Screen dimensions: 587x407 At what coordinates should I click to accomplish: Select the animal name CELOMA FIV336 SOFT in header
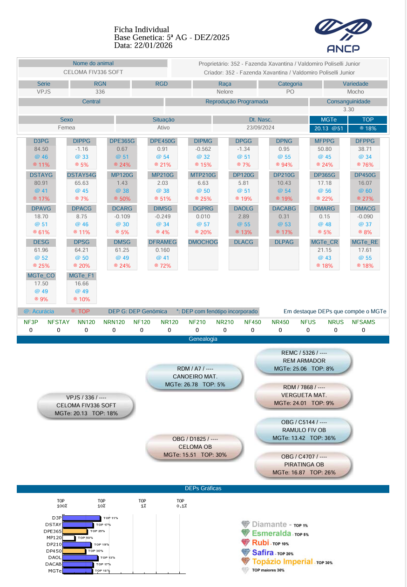tap(93, 72)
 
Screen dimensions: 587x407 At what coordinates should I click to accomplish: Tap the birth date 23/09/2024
tap(260, 128)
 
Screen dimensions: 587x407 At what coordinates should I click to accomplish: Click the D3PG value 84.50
tap(38, 149)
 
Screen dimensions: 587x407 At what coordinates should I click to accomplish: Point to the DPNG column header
tap(284, 141)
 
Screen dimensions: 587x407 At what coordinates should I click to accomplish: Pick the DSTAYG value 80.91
tap(41, 183)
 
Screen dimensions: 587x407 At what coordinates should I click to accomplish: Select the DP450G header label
tap(365, 175)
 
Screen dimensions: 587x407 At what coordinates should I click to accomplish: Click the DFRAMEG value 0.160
tap(163, 250)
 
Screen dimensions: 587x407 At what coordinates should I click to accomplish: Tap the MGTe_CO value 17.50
tap(41, 283)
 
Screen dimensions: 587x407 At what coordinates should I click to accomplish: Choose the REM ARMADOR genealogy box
tap(304, 361)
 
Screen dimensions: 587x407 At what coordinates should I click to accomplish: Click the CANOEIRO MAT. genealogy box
tap(195, 377)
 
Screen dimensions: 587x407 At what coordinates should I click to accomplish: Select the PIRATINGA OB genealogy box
tap(304, 465)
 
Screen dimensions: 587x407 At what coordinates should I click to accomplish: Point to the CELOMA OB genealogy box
tap(195, 447)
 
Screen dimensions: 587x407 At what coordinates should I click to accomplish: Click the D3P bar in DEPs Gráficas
tap(81, 518)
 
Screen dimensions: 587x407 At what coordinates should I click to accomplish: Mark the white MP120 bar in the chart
tap(68, 538)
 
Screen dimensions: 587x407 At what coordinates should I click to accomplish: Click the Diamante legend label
tap(269, 524)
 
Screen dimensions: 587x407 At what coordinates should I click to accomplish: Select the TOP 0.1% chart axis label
tap(182, 503)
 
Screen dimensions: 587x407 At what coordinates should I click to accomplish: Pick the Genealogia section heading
tap(203, 339)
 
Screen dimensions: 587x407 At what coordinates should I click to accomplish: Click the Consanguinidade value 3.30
tap(348, 109)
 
